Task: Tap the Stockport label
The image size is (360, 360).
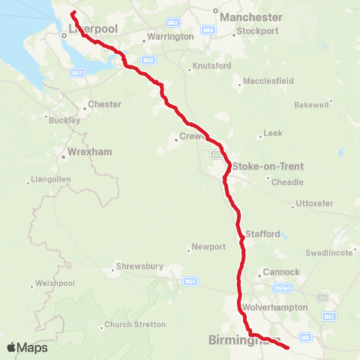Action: coord(257,31)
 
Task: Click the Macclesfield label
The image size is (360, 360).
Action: coord(266,81)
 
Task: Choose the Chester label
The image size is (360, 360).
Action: coord(104,104)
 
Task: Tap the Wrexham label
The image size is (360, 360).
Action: coord(89,151)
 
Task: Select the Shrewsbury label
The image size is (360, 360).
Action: coord(139,265)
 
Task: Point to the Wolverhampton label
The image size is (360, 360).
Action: coord(275,307)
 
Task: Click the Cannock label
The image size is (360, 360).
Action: coord(282,271)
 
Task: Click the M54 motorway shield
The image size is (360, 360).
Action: coord(190,281)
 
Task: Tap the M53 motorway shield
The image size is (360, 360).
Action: coord(77,73)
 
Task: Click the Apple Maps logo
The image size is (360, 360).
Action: coord(27,347)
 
